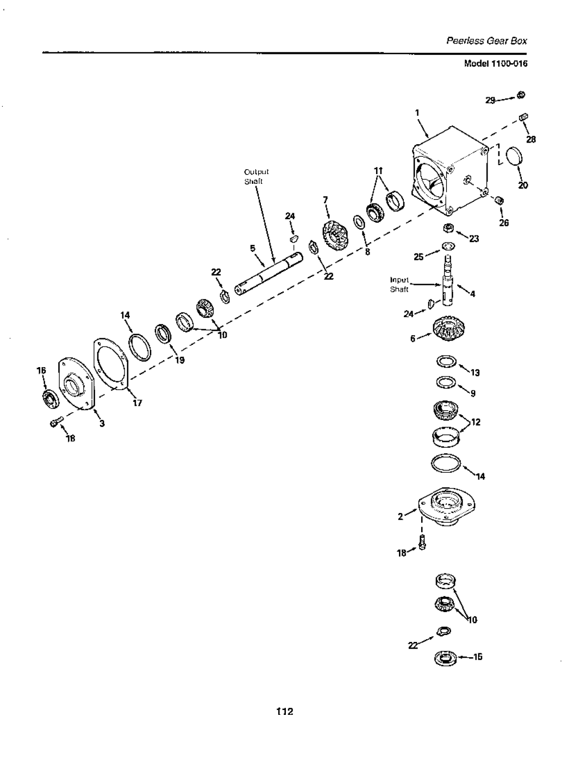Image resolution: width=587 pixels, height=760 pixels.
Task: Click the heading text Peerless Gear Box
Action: (488, 41)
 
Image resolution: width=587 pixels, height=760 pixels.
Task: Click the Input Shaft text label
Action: (399, 284)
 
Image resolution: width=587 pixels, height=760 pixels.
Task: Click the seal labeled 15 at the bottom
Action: (445, 659)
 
